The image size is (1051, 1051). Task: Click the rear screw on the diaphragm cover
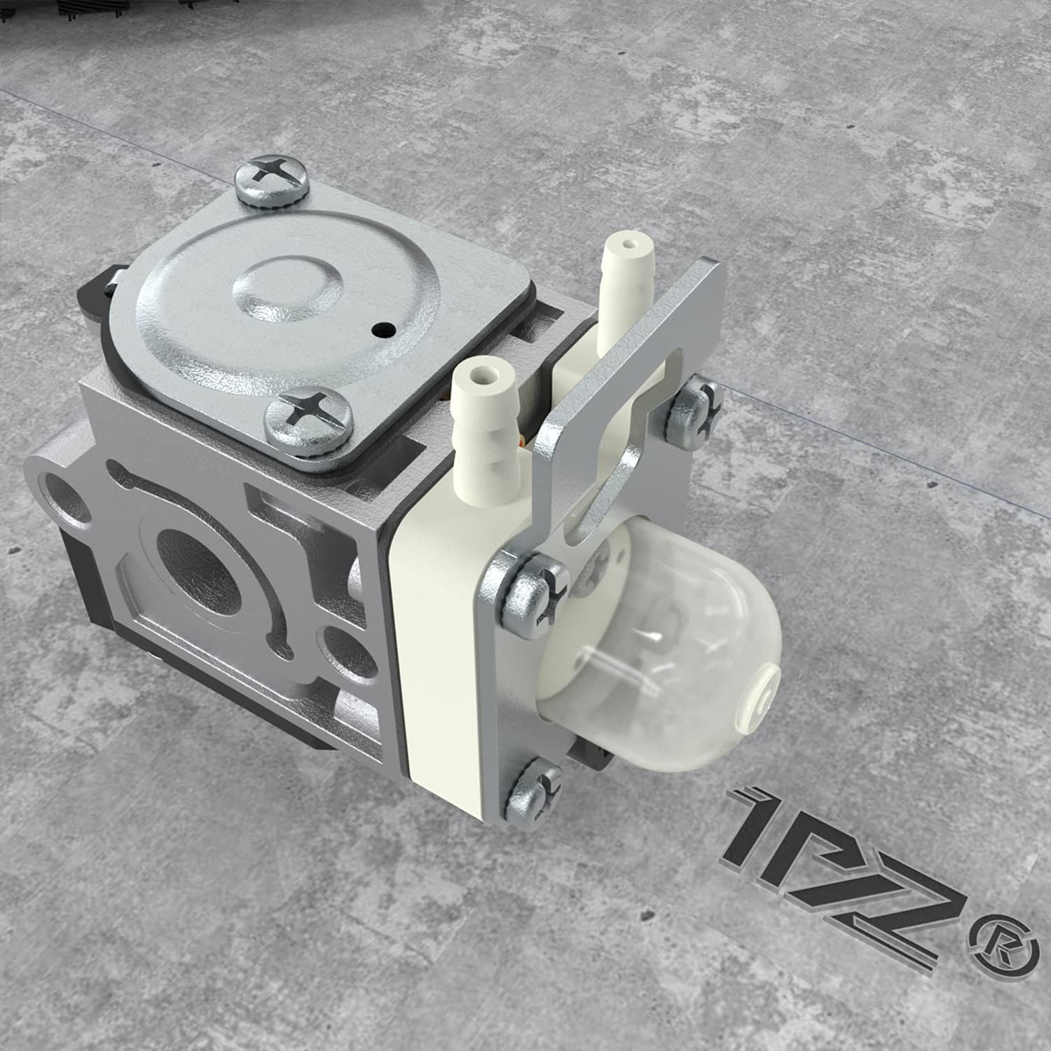(272, 181)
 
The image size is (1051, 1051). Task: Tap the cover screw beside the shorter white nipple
(308, 418)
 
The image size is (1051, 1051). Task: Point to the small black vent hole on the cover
(383, 327)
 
